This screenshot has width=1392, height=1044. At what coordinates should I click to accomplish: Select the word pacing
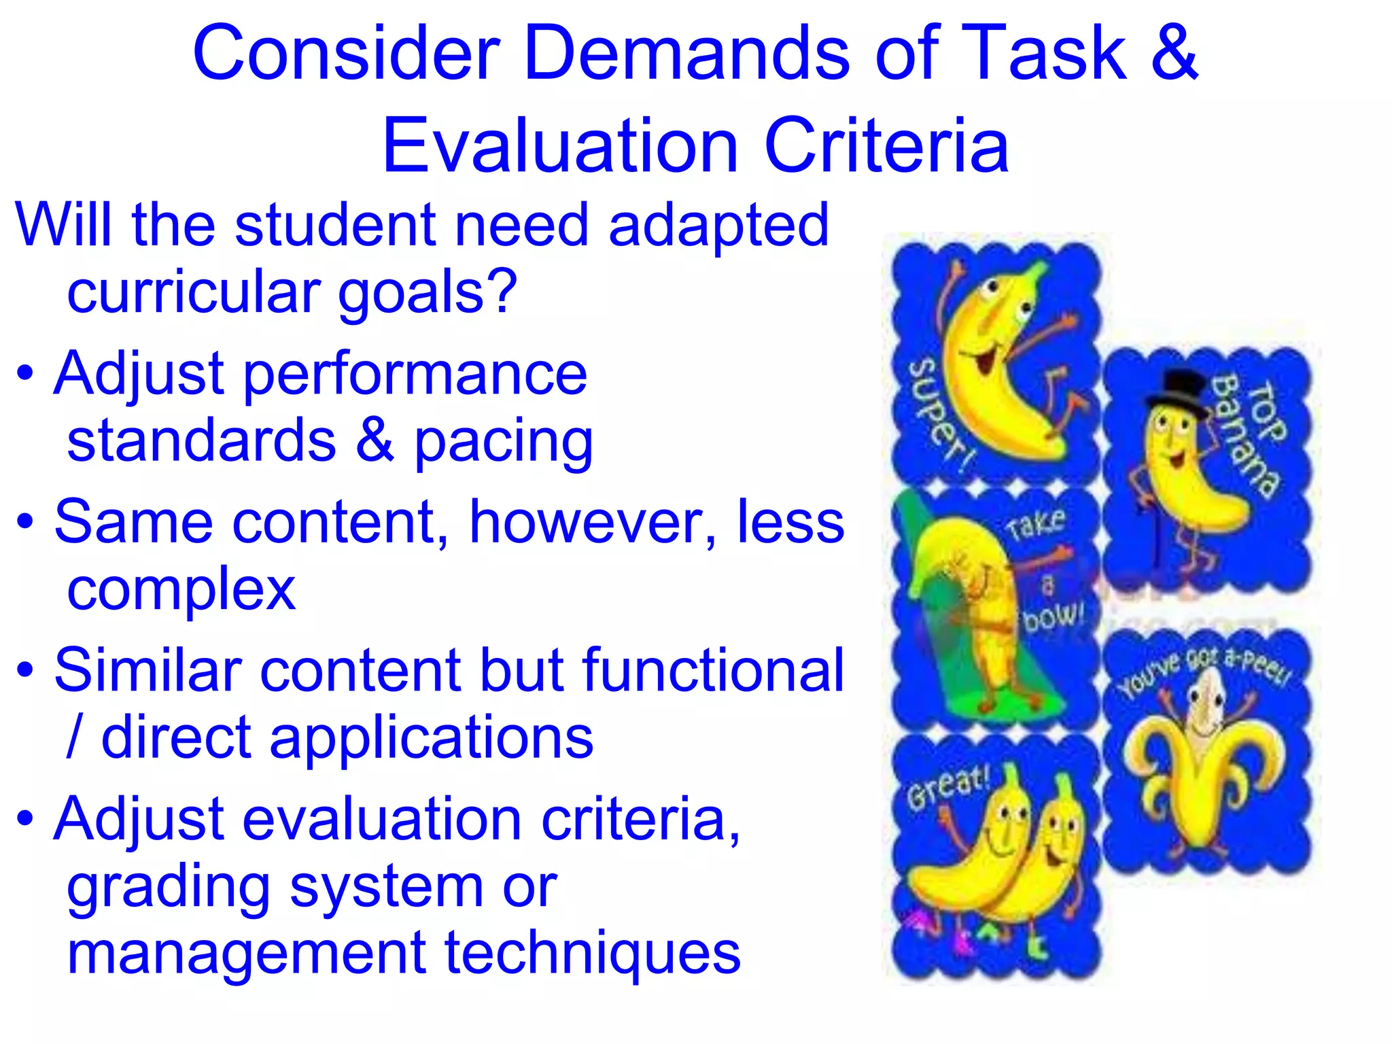coord(504,442)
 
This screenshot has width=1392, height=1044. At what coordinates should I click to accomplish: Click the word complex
coord(181,590)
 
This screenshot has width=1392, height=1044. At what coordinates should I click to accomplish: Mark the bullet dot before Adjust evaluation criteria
coord(25,818)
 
